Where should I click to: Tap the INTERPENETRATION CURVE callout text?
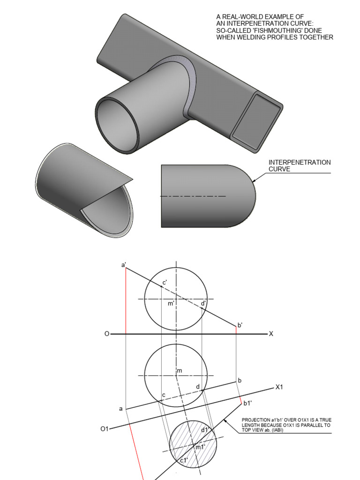coord(300,165)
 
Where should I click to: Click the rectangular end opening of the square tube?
coord(255,121)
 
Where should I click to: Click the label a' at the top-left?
coord(123,264)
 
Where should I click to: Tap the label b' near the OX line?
coord(240,325)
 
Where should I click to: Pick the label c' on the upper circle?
coord(165,282)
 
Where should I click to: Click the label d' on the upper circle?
coord(203,303)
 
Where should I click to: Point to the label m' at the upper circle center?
coord(171,304)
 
